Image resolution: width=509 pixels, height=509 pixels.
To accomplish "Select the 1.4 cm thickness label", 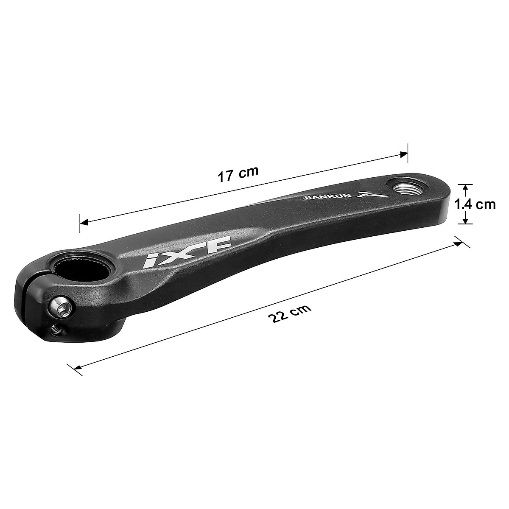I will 475,204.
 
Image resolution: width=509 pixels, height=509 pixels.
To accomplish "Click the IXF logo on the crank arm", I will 187,253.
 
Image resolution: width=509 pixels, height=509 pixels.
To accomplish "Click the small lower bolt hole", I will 55,328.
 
